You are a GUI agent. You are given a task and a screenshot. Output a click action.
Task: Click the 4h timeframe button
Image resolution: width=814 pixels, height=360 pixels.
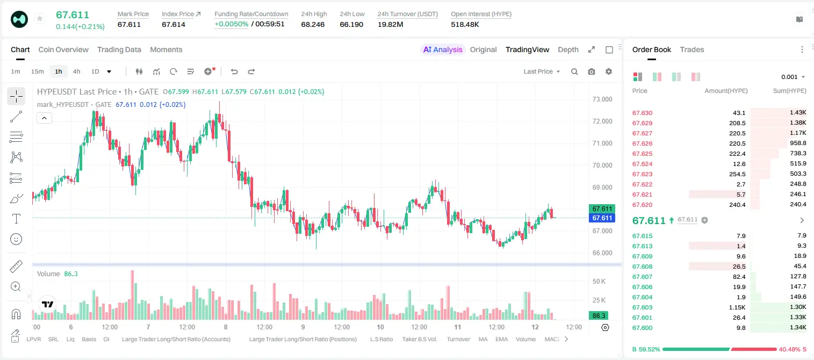[76, 71]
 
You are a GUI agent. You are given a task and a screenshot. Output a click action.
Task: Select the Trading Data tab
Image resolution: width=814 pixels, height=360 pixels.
[119, 49]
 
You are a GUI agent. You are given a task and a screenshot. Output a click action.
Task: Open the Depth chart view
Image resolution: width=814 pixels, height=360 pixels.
[568, 49]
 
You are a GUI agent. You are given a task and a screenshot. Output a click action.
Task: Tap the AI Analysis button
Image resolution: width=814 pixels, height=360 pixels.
[443, 49]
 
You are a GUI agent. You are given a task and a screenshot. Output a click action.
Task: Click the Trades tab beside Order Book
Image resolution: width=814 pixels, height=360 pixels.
[692, 49]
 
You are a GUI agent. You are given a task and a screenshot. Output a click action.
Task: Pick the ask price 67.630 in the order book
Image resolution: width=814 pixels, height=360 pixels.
[642, 113]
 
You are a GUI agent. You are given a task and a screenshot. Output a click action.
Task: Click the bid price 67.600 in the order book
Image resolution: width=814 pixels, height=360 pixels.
[642, 328]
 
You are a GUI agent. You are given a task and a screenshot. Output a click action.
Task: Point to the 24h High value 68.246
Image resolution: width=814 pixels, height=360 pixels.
[313, 24]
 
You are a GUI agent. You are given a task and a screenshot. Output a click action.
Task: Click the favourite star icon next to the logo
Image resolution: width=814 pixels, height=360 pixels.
[40, 18]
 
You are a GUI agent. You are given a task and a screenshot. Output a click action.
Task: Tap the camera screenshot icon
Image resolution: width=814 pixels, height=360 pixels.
[591, 71]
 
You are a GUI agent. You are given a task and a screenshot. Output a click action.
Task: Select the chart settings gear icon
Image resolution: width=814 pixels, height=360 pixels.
[609, 71]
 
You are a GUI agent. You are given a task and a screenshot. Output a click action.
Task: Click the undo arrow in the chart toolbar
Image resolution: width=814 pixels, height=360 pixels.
[234, 71]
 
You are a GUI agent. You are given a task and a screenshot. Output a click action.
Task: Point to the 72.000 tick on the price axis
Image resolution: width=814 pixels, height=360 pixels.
[602, 121]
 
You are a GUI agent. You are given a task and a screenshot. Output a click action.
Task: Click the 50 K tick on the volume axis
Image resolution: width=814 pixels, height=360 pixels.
[599, 282]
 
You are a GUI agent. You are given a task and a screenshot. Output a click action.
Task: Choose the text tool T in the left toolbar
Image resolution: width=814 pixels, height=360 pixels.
[16, 219]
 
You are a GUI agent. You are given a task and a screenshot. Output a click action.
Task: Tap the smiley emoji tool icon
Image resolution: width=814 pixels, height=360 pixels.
[16, 239]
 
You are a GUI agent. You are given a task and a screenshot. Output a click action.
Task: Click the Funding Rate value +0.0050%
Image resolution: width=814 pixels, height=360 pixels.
[231, 24]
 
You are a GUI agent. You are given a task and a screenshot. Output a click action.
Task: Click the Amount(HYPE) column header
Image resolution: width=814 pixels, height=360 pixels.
[726, 91]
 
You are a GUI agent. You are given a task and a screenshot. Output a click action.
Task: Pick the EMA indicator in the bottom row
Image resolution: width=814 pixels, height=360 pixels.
[501, 339]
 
